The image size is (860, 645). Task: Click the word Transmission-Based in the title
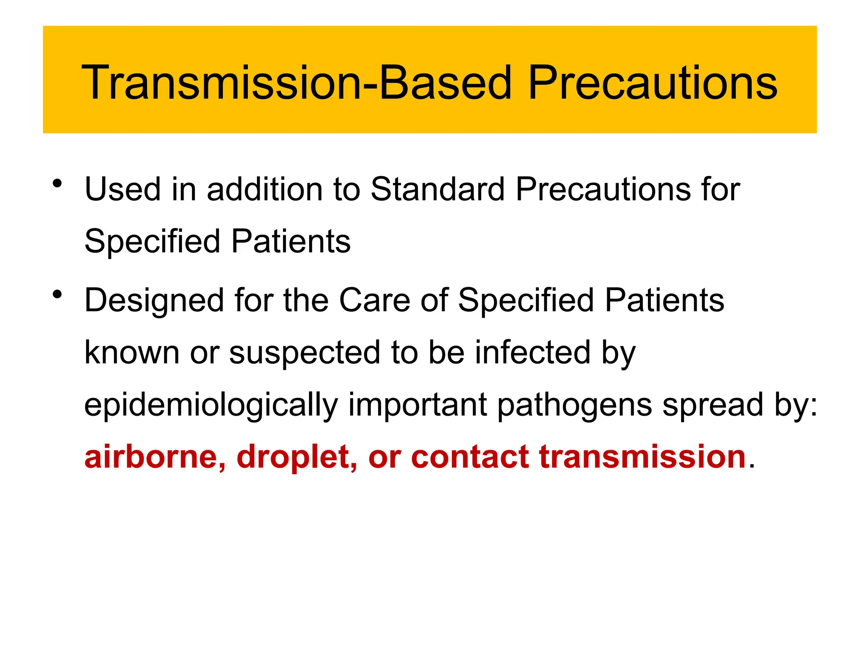point(296,83)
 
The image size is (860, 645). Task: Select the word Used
point(123,189)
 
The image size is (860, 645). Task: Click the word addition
point(264,189)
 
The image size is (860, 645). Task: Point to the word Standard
point(437,189)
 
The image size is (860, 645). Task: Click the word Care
point(375,300)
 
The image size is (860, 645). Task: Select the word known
point(132,352)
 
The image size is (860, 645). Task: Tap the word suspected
point(304,353)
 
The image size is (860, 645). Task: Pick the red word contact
point(470,457)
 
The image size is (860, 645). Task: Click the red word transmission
point(642,457)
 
